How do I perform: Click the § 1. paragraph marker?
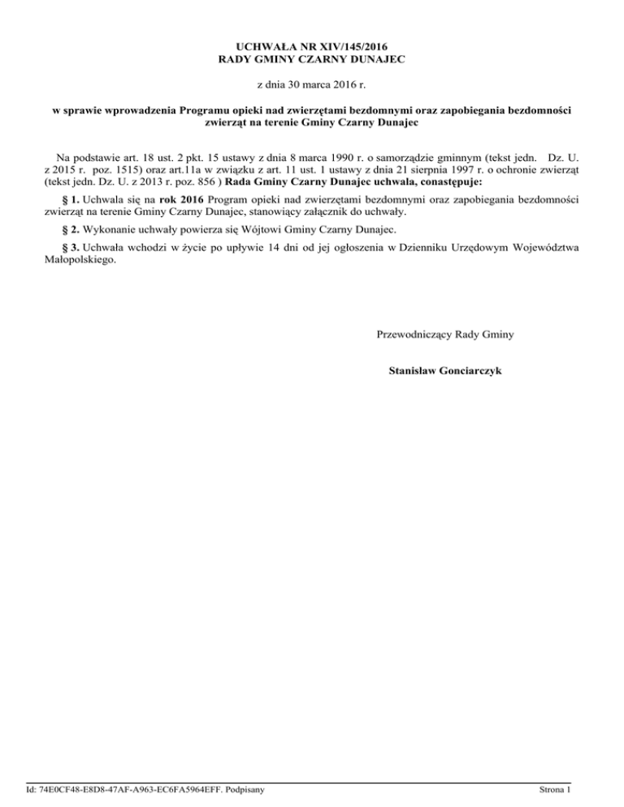70,199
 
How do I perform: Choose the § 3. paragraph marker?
70,249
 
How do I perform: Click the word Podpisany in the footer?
249,788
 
